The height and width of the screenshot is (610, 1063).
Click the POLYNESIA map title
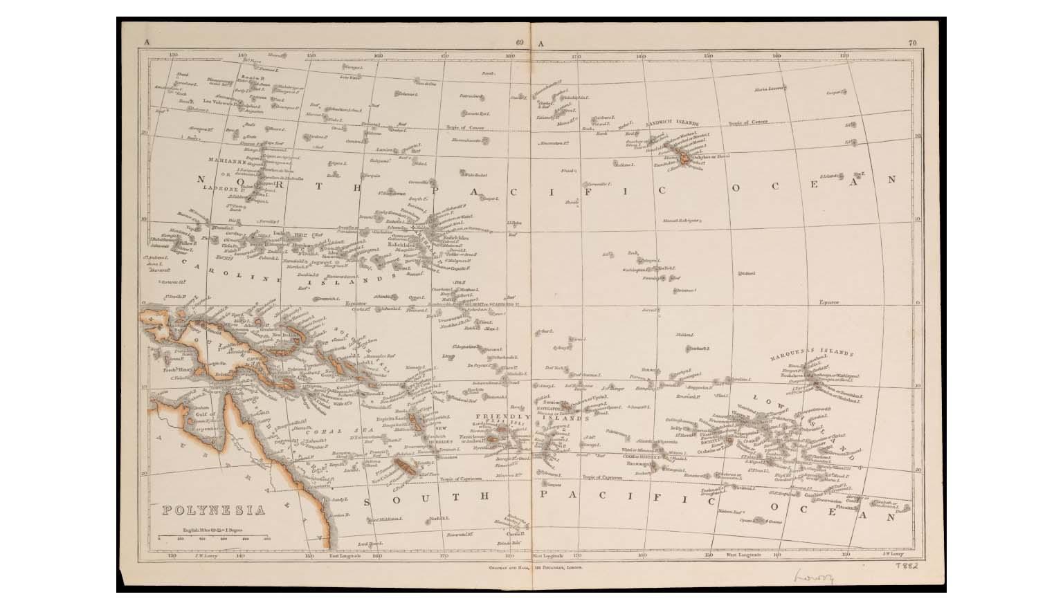point(214,510)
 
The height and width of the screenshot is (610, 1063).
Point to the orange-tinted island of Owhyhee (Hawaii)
point(684,160)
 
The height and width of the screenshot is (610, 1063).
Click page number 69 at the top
point(520,44)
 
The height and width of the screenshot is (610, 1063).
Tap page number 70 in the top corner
point(912,44)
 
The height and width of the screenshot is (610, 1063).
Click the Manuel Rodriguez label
point(682,221)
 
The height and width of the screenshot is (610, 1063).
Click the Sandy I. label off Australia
point(338,499)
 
